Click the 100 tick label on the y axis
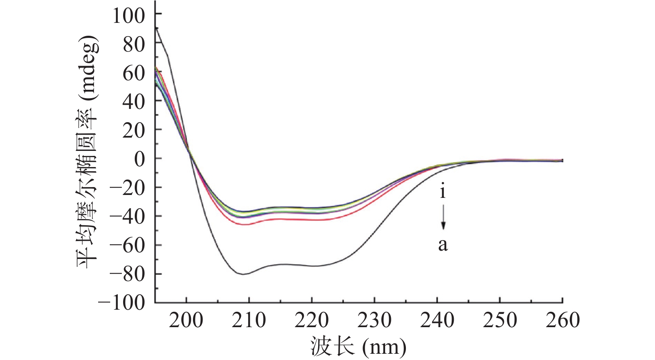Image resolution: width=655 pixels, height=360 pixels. pyautogui.click(x=129, y=16)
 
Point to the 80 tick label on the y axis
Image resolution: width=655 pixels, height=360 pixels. pyautogui.click(x=134, y=44)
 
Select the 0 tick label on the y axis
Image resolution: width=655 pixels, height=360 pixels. pyautogui.click(x=140, y=159)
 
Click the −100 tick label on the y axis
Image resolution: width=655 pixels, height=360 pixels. pyautogui.click(x=121, y=303)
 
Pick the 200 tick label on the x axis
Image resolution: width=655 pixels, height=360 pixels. pyautogui.click(x=186, y=320)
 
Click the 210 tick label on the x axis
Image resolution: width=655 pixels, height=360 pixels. pyautogui.click(x=249, y=320)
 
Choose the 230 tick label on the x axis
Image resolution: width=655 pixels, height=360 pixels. pyautogui.click(x=374, y=320)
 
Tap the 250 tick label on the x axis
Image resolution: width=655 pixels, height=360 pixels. pyautogui.click(x=500, y=320)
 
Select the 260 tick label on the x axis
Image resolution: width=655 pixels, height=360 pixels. pyautogui.click(x=562, y=320)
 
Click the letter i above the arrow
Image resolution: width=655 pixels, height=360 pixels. pyautogui.click(x=443, y=192)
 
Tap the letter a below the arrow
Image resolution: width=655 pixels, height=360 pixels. pyautogui.click(x=443, y=245)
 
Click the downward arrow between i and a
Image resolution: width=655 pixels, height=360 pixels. pyautogui.click(x=443, y=217)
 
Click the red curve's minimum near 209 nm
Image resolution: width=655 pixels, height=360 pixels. pyautogui.click(x=245, y=224)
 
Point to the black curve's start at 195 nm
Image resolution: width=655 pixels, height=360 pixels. pyautogui.click(x=156, y=27)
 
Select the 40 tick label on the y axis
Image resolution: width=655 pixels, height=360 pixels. pyautogui.click(x=134, y=101)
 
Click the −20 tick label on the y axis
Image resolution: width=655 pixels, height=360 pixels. pyautogui.click(x=127, y=188)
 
